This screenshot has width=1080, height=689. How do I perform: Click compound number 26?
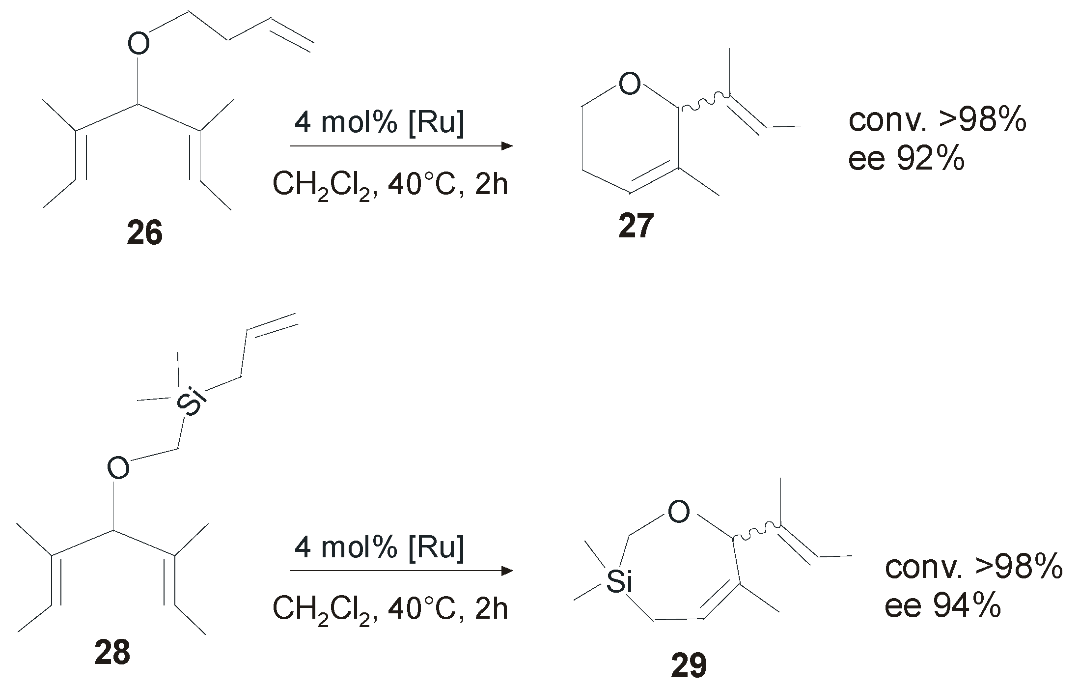[x=144, y=233]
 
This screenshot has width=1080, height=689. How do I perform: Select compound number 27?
[x=636, y=227]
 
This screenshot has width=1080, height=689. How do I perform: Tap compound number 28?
[x=112, y=653]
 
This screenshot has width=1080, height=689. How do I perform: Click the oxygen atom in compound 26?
[x=138, y=44]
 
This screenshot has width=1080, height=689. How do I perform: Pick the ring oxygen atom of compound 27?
[x=630, y=84]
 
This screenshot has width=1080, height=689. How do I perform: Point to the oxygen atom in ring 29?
[x=678, y=513]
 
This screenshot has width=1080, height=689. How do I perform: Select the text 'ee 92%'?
[x=906, y=159]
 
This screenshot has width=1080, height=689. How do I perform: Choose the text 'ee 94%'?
[x=942, y=606]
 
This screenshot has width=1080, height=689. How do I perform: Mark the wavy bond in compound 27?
[x=703, y=101]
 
